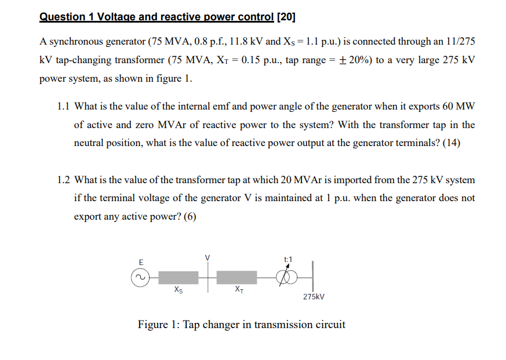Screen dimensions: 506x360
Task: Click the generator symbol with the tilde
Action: [140, 278]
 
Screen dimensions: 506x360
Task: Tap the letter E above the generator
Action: [140, 263]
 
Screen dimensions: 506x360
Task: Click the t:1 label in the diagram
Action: [288, 259]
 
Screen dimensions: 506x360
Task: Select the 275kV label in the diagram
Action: [314, 297]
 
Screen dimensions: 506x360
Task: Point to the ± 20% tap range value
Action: [350, 60]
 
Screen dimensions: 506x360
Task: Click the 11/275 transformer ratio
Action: [461, 42]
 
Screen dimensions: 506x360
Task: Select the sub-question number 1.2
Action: [64, 180]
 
